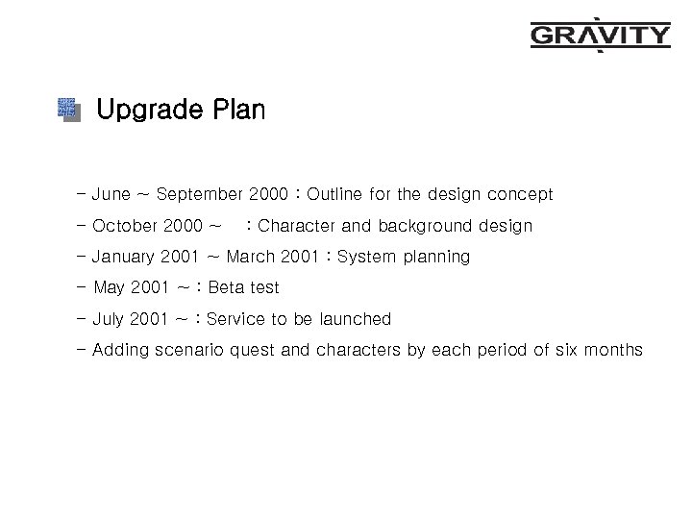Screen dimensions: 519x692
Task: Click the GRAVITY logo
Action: [x=600, y=36]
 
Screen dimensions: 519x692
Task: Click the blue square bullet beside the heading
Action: [x=67, y=110]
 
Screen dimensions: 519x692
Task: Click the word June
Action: [x=111, y=195]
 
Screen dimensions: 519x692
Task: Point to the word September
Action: [x=199, y=196]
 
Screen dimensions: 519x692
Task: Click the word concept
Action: [x=519, y=195]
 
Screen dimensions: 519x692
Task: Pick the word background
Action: [x=425, y=227]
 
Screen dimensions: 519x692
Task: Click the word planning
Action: [x=435, y=258]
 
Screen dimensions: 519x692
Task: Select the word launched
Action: [x=355, y=318]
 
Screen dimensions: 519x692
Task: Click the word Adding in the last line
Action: [x=121, y=350]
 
